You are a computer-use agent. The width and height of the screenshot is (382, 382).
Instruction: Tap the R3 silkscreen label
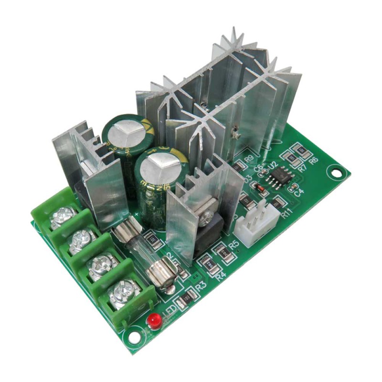click(200, 286)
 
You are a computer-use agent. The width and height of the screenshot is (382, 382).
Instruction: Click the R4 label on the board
click(220, 276)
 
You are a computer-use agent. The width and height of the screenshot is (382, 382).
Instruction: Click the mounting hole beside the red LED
click(135, 337)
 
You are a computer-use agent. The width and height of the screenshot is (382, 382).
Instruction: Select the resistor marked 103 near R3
click(186, 299)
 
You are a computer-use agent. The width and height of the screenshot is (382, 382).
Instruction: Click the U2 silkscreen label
click(273, 165)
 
